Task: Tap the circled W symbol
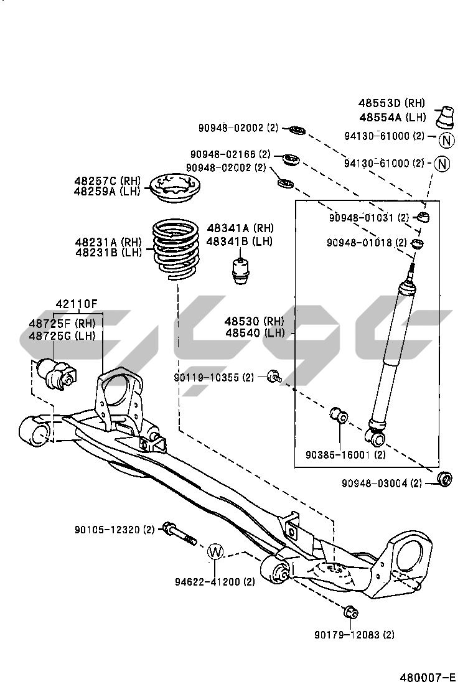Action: pos(215,551)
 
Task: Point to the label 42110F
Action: pos(77,304)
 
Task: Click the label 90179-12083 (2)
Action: pos(354,635)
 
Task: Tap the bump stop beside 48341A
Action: pos(240,269)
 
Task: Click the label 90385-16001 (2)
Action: pos(345,455)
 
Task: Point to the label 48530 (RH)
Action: pos(254,321)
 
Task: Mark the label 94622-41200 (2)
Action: pos(215,582)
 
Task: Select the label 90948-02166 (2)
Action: pos(230,154)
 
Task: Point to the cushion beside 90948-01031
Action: pos(424,217)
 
